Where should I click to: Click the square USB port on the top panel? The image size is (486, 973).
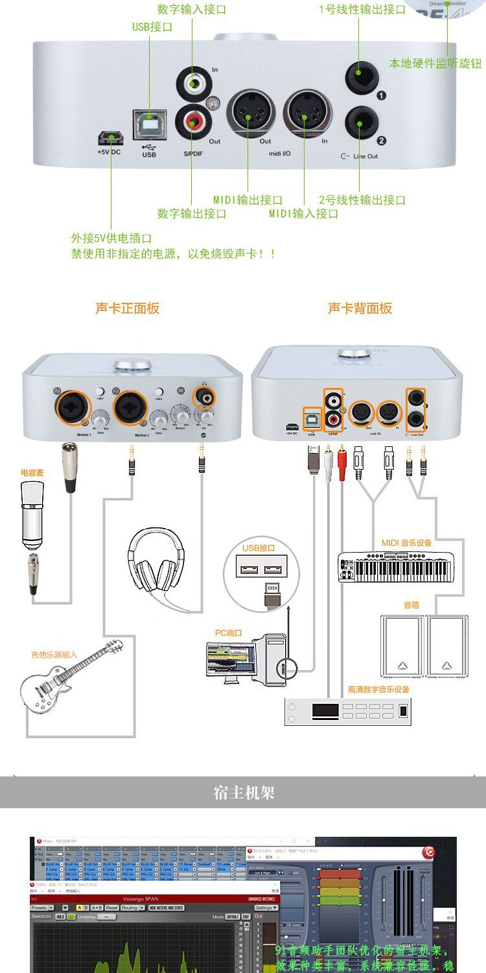(x=148, y=123)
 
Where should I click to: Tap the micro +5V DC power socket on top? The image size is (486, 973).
(x=110, y=138)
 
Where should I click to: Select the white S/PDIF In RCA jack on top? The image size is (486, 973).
(x=192, y=83)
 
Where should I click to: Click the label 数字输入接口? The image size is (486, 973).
(x=192, y=10)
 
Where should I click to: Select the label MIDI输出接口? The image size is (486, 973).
(x=248, y=200)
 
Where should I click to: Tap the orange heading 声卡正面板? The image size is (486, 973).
(x=127, y=308)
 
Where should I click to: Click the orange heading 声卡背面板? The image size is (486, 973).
(x=360, y=308)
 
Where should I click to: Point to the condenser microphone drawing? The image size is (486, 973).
(x=32, y=519)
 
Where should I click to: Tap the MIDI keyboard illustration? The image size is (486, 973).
(x=395, y=568)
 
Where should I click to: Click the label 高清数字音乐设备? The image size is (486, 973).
(x=379, y=689)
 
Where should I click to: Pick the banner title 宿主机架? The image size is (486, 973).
(x=244, y=792)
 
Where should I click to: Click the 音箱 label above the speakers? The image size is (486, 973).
(x=411, y=605)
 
